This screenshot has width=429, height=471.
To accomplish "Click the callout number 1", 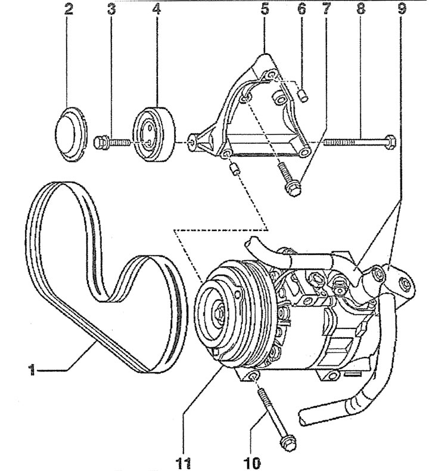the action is point(32,370).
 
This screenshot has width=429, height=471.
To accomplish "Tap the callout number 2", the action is point(69,9).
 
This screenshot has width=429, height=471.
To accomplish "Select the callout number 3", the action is point(111,9).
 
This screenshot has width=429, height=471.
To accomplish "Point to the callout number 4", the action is point(156,9).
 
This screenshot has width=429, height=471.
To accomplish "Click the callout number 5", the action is point(265,9).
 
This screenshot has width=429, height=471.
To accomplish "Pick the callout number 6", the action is point(301,9).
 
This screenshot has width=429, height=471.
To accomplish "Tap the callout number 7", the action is point(327,9).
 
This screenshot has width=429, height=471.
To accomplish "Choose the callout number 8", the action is point(361,9).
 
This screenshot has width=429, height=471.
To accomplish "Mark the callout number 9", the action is point(402,9).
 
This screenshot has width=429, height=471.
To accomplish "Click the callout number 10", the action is point(253,463).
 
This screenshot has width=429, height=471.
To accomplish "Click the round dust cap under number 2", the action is point(71,134).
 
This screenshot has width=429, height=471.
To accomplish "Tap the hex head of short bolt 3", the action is point(99,142).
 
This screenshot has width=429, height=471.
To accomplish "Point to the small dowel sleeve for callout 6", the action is point(303,96).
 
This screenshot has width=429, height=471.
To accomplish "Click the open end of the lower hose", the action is point(303,417).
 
